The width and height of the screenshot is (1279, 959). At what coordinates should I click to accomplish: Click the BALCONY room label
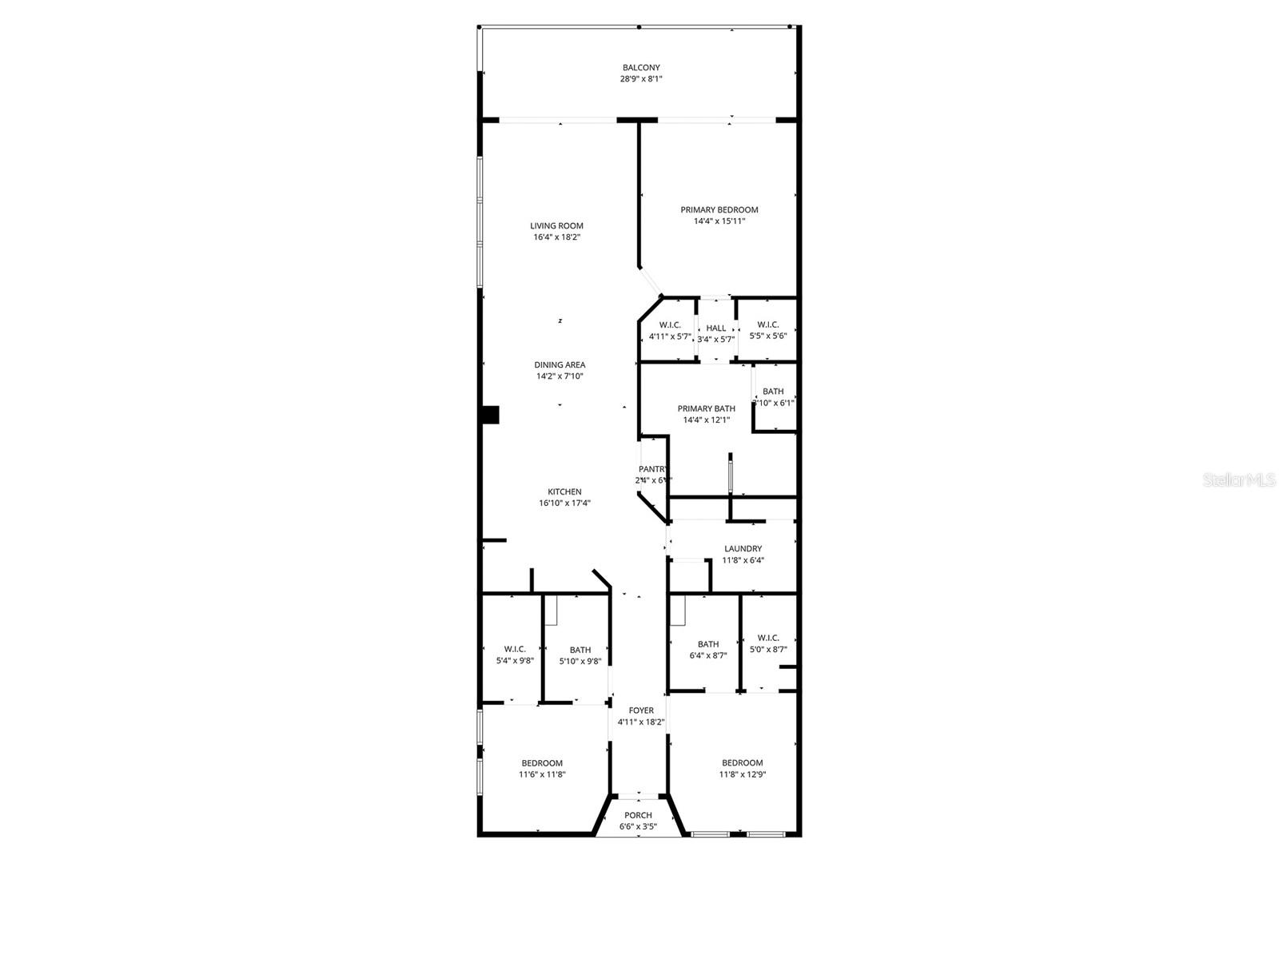[x=641, y=68]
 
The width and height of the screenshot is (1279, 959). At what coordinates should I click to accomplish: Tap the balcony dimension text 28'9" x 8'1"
[x=641, y=79]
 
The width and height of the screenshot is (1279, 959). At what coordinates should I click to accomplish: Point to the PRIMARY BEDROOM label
[x=719, y=210]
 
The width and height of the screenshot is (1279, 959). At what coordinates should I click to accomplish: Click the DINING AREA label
[x=560, y=365]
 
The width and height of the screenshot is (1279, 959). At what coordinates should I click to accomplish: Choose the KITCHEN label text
[x=564, y=492]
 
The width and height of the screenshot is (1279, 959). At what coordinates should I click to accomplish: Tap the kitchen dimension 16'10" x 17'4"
[x=564, y=503]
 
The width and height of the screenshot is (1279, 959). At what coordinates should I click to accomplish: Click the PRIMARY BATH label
[x=706, y=408]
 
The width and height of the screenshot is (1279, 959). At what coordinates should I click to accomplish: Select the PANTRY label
[x=653, y=469]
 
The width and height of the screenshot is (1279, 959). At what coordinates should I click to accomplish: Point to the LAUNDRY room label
[x=743, y=549]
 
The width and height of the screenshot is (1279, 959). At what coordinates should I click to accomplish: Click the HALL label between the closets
[x=716, y=328]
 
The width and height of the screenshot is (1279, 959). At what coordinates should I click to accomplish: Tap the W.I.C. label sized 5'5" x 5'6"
[x=767, y=324]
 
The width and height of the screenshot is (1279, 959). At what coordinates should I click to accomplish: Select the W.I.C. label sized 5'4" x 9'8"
[x=515, y=649]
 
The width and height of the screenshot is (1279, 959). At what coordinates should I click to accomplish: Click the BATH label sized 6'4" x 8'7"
[x=707, y=644]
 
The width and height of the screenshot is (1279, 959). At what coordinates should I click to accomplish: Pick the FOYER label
[x=640, y=710]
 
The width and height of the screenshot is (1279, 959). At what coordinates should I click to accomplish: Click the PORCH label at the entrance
[x=638, y=815]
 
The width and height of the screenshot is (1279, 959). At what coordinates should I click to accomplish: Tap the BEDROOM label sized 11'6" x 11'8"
[x=542, y=763]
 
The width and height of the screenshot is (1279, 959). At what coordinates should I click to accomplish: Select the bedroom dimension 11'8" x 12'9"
[x=742, y=774]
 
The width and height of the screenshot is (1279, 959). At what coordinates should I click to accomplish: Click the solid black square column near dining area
[x=490, y=415]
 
